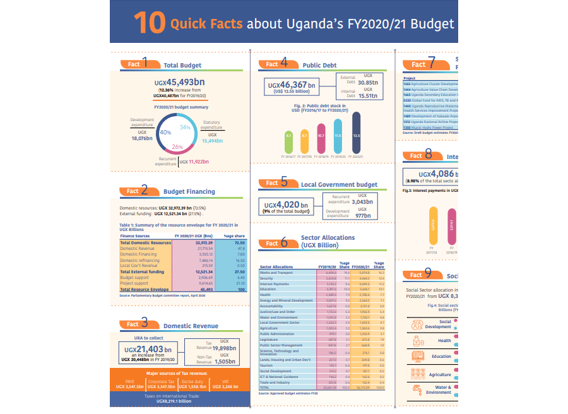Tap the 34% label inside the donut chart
coord(185,127)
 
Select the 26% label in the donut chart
coord(177,146)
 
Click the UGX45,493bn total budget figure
coord(182,82)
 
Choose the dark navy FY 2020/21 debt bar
coord(356,134)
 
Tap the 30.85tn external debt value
coord(368,83)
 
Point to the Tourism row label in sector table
coord(267,365)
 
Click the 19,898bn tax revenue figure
coord(224,347)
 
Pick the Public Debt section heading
coord(320,65)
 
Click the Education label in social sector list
coord(441,357)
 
